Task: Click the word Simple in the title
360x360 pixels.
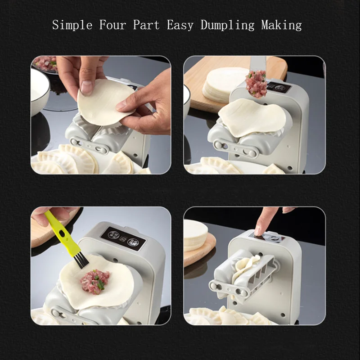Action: click(72, 25)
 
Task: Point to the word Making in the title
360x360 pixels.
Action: click(281, 25)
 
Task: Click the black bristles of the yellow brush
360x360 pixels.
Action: click(81, 260)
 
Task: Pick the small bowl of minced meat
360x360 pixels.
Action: click(45, 63)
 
